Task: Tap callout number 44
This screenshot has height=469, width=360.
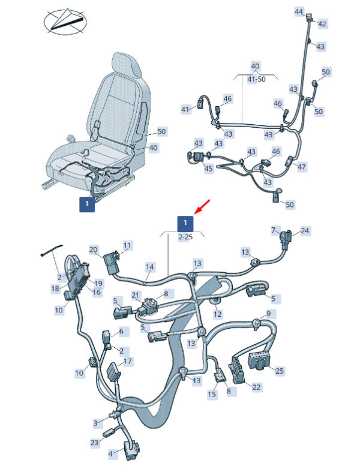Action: click(x=299, y=11)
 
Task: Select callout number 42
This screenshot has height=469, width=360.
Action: click(x=322, y=24)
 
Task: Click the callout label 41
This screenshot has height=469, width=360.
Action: click(x=185, y=109)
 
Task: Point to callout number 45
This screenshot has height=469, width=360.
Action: click(x=208, y=169)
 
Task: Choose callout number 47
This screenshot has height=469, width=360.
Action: click(x=301, y=166)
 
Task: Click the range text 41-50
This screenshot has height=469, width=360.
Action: click(x=256, y=79)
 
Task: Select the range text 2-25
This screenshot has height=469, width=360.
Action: click(x=185, y=237)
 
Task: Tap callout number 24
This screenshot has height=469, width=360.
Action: click(x=305, y=231)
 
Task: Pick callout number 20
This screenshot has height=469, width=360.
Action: click(x=93, y=249)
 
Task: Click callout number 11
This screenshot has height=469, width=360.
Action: click(x=127, y=245)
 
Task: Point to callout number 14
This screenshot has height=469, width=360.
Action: click(x=150, y=266)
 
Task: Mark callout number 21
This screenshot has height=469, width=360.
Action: click(x=135, y=295)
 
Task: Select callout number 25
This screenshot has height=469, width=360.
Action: click(x=279, y=371)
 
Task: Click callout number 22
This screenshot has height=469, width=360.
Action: click(x=256, y=387)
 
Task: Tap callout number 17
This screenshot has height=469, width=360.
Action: click(x=127, y=362)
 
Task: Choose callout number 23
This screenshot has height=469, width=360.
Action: click(x=94, y=443)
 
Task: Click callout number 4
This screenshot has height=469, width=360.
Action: click(x=110, y=454)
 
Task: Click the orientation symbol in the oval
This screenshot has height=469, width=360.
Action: click(x=66, y=21)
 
